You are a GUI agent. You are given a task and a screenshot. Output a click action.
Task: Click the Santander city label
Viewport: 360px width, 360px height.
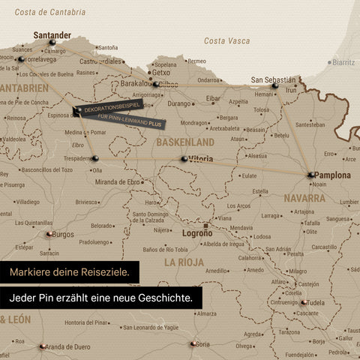point(52,34)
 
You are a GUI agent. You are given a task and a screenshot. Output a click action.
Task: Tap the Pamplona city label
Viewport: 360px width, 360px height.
point(333,175)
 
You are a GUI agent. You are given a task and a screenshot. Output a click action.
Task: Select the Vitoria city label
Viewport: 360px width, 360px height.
point(201,159)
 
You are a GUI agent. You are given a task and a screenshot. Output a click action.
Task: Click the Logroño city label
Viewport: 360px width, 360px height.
point(198,233)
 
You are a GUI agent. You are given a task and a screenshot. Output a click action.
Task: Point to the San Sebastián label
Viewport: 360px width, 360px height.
point(273,79)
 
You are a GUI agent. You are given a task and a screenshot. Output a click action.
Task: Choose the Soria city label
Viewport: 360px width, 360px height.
point(202,344)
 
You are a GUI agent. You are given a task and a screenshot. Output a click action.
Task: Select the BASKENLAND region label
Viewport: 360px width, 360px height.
point(185,142)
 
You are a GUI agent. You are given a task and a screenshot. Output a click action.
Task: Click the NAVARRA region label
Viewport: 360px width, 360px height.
point(304,199)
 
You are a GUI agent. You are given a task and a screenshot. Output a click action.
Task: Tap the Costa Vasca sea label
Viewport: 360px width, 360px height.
point(227,40)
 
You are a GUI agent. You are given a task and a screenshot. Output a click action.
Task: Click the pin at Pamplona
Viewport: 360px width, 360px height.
point(310,175)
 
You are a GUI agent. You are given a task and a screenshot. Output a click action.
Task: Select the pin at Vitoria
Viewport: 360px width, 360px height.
point(184,159)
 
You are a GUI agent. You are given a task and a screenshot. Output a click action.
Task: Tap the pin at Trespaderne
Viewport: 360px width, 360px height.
point(96,157)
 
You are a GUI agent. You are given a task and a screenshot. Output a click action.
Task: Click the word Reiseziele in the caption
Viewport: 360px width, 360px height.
point(101,270)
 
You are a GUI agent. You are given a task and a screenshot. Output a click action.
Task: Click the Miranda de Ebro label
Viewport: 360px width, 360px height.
point(119,182)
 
